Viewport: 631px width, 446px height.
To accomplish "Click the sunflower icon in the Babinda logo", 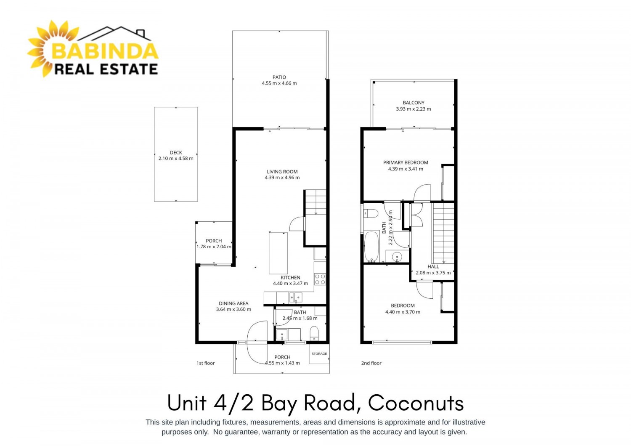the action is [x=42, y=49].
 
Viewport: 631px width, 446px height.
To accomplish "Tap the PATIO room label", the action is [x=279, y=77].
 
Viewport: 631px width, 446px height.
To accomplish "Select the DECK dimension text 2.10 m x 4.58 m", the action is [x=176, y=158].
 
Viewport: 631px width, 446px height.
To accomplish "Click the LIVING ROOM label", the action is [x=282, y=172].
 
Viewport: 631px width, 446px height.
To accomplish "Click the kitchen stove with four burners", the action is [x=320, y=279].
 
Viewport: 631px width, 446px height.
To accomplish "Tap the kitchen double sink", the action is [x=296, y=297].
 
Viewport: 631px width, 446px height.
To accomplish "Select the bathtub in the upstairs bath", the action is [x=372, y=247].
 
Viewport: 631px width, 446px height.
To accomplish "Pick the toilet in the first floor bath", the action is [x=314, y=333].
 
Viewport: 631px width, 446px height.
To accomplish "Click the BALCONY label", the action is [x=413, y=103].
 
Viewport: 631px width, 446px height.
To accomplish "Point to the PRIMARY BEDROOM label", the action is [x=406, y=162].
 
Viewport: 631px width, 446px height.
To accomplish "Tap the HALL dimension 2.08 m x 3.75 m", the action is [x=433, y=273].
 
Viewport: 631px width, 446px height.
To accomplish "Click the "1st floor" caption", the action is [x=205, y=363].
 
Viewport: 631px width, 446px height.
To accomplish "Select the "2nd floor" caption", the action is [x=371, y=363].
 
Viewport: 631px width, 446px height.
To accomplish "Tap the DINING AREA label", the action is [x=233, y=303].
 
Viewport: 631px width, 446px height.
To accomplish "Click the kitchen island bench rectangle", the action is [x=278, y=253].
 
